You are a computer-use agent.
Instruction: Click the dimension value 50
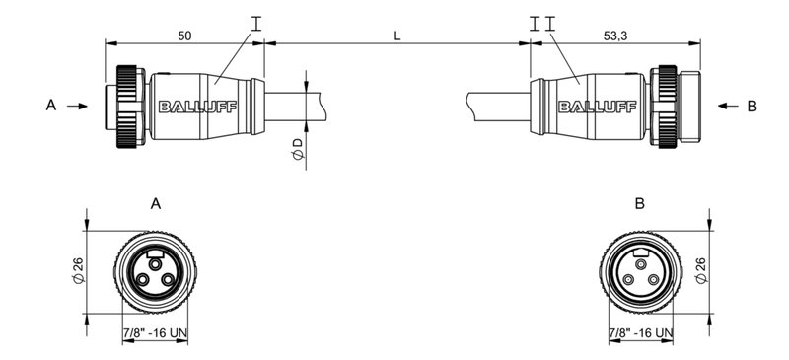(184, 35)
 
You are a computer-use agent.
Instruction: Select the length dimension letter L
(396, 36)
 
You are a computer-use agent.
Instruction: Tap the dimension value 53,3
(612, 35)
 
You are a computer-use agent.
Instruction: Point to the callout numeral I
(256, 20)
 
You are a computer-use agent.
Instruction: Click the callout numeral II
(541, 20)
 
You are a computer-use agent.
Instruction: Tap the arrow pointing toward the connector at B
(727, 106)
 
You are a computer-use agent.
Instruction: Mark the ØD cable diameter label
(297, 149)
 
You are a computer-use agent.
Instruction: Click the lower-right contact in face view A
(167, 280)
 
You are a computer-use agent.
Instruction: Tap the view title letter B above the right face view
(640, 204)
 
